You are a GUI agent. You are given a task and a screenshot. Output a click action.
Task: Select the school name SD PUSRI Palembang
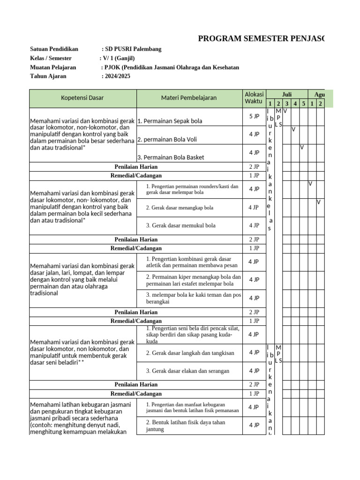point(133,49)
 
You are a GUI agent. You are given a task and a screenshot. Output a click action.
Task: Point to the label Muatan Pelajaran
point(52,67)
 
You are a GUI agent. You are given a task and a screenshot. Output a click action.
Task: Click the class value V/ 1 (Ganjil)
point(118,58)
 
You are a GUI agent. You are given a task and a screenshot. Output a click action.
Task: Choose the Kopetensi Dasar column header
point(82,98)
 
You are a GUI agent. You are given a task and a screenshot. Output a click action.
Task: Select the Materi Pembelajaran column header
point(189,98)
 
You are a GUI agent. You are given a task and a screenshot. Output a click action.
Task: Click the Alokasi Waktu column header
point(254,98)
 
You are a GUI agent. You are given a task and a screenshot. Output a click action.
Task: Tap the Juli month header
point(286,94)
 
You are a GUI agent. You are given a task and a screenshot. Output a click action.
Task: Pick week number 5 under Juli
point(303,103)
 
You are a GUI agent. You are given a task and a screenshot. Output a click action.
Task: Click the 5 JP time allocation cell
point(254,116)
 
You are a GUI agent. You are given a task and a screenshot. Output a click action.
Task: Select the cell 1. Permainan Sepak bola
point(170,121)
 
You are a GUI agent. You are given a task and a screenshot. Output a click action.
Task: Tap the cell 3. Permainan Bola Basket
point(171,157)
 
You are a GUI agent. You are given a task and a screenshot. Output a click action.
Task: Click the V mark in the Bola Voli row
point(293,129)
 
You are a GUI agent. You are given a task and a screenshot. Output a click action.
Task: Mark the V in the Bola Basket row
point(302,147)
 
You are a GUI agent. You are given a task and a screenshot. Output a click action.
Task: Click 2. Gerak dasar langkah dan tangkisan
point(190,353)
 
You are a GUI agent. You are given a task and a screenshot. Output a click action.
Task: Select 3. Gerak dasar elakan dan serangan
point(187,371)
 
